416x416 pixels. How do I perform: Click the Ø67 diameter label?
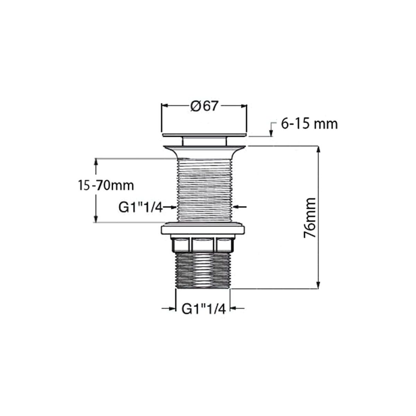coord(203,106)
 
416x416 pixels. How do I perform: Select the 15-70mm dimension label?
coord(106,186)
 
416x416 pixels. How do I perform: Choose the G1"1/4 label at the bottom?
coord(203,309)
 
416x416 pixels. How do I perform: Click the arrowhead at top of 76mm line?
coord(319,150)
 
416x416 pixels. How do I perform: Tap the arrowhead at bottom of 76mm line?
coord(318,285)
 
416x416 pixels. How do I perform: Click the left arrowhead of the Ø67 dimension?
coord(165,105)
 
